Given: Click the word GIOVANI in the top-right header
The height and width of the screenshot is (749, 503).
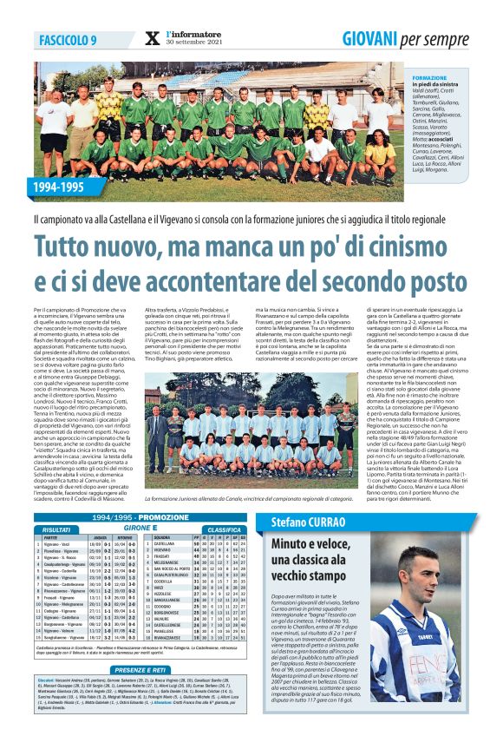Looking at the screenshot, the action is pyautogui.click(x=369, y=38).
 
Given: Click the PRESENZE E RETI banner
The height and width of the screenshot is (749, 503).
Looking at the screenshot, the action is pyautogui.click(x=140, y=669).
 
